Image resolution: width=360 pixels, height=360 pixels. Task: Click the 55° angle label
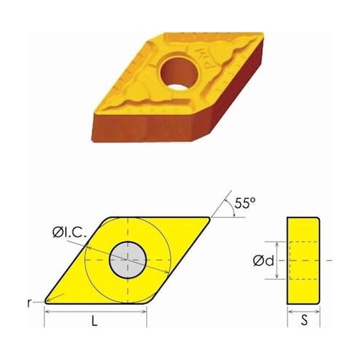point(246,203)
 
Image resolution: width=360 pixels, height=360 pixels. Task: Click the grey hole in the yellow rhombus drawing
point(127,259)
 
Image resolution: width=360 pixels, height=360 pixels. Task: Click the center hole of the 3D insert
point(179,71)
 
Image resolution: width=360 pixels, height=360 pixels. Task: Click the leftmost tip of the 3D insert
point(95,99)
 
